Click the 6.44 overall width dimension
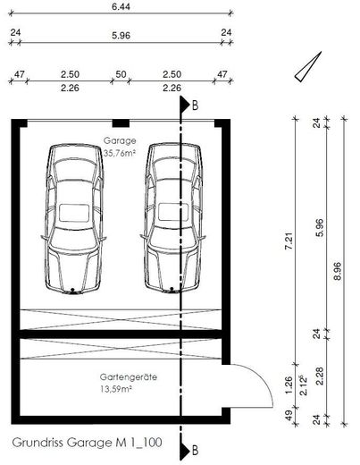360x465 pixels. (x=121, y=6)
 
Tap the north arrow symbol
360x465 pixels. (x=308, y=66)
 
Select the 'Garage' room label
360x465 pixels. (x=120, y=140)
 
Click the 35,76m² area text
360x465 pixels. (x=120, y=153)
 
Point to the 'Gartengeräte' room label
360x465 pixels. (x=129, y=377)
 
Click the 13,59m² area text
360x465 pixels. (x=116, y=389)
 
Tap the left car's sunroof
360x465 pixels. (x=74, y=213)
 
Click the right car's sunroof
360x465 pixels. (x=173, y=212)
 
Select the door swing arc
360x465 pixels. (x=260, y=377)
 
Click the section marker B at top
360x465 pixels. (x=188, y=105)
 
